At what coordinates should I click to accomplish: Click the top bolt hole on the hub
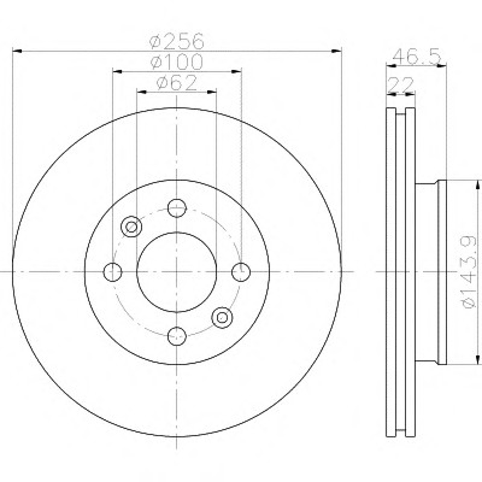(x=177, y=208)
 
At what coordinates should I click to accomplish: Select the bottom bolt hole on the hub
(x=177, y=336)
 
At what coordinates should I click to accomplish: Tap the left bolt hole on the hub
(x=113, y=272)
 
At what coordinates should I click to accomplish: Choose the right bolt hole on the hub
(x=241, y=272)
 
